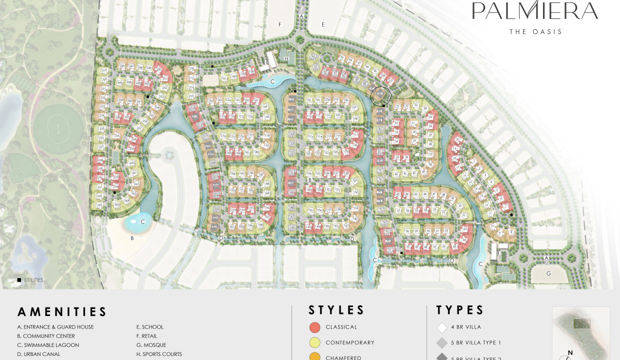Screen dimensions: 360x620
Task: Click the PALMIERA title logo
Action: point(535,11)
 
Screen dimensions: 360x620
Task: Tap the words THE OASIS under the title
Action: point(536,31)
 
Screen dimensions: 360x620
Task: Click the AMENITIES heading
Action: point(62,312)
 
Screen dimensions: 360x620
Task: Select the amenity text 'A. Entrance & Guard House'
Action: point(55,327)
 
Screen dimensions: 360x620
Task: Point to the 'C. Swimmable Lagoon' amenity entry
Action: point(48,345)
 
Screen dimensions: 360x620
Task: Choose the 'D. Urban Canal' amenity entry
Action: point(38,354)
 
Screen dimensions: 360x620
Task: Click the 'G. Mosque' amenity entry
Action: point(151,345)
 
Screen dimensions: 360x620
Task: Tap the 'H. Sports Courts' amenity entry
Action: point(159,354)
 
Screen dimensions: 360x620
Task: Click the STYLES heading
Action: point(336,310)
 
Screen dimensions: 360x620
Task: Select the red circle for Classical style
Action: point(314,327)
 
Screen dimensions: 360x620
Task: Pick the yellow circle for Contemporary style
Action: point(314,343)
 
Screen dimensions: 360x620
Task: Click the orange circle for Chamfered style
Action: point(314,357)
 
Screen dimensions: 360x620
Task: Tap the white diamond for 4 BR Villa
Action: point(442,327)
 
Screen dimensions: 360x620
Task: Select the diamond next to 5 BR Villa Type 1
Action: point(442,343)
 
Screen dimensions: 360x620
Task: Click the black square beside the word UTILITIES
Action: point(19,280)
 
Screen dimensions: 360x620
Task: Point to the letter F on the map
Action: point(280,24)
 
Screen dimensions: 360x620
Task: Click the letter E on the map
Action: point(323,24)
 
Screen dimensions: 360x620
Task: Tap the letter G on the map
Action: point(548,273)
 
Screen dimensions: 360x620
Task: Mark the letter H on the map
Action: point(286,59)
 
